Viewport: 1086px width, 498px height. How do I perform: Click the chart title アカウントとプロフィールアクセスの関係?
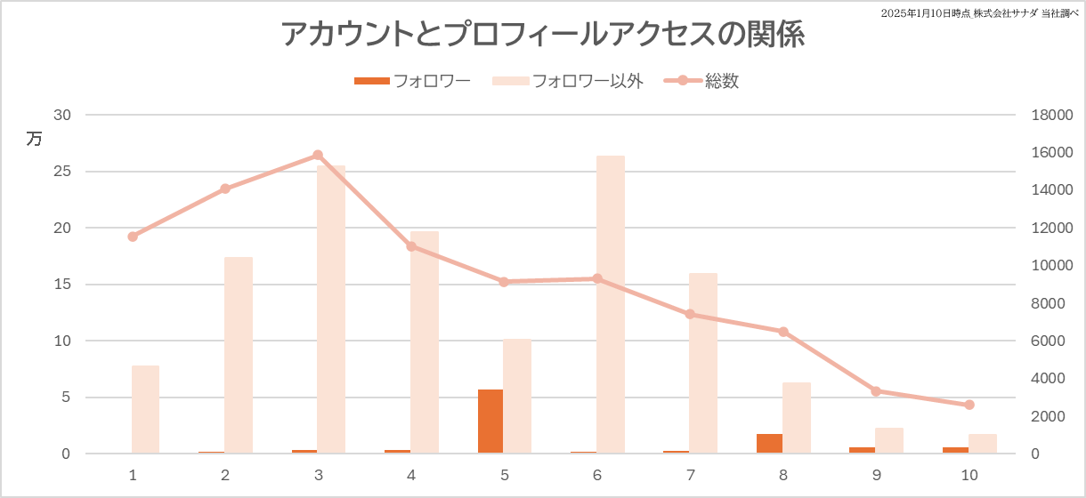click(x=543, y=35)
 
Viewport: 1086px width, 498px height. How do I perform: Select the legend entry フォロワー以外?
click(x=587, y=81)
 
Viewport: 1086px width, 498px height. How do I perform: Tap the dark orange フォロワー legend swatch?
click(x=371, y=81)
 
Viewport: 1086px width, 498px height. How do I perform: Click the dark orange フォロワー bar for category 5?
click(x=490, y=422)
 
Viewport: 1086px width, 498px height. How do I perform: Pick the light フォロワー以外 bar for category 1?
click(x=145, y=409)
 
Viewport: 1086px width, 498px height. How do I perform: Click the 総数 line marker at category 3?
click(x=318, y=155)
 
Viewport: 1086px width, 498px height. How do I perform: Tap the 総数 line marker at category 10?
click(x=969, y=405)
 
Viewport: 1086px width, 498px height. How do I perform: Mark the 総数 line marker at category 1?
click(x=133, y=237)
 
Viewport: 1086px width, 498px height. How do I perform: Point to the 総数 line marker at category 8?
click(x=783, y=332)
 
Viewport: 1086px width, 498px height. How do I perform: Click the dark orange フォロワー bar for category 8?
click(x=769, y=444)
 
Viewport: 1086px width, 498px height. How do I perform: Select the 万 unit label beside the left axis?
click(x=34, y=139)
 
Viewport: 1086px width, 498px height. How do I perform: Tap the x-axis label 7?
click(x=691, y=475)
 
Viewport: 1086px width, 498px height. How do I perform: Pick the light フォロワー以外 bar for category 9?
click(x=889, y=440)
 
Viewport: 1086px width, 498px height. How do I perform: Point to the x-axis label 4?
click(x=411, y=475)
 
